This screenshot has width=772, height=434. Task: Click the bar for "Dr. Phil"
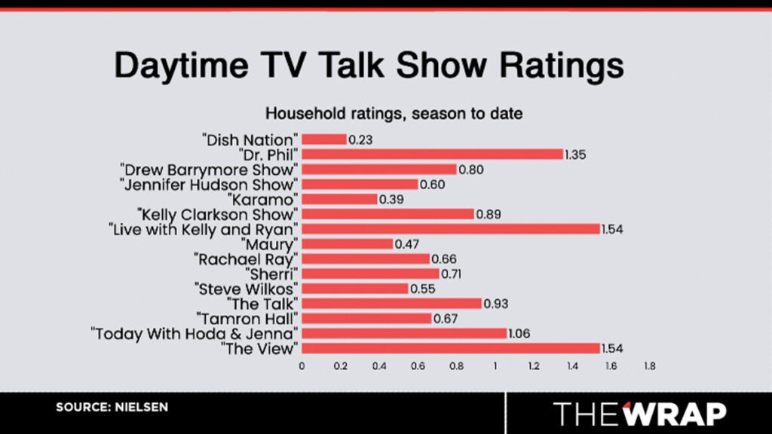(x=433, y=154)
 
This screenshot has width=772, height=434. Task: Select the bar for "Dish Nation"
(x=324, y=139)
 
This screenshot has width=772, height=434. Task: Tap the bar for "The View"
(x=451, y=347)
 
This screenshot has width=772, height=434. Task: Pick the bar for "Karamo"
(x=339, y=199)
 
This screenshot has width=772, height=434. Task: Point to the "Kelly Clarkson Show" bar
(x=388, y=213)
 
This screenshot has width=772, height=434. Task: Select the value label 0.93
(x=495, y=303)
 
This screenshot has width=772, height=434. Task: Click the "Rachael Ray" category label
(x=247, y=258)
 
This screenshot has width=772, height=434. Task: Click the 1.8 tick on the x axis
(x=649, y=366)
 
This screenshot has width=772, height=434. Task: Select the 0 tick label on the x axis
(x=302, y=366)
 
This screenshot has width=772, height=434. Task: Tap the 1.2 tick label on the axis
(x=534, y=366)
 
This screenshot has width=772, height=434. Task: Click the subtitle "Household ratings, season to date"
(x=394, y=115)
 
